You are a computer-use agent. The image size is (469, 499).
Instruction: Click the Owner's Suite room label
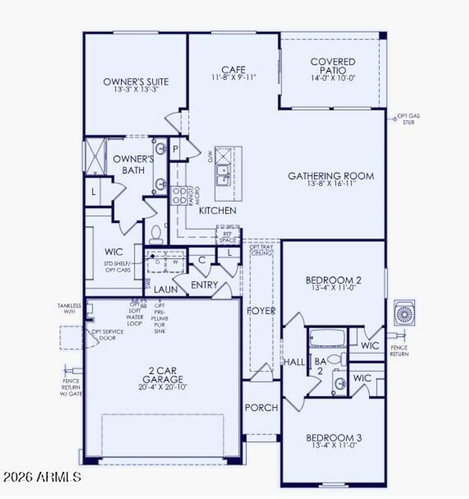click(x=136, y=82)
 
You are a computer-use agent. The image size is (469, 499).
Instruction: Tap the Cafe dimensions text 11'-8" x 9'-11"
click(x=234, y=77)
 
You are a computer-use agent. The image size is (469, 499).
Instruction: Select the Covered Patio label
click(x=333, y=66)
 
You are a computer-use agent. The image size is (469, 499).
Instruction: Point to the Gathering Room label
click(x=331, y=175)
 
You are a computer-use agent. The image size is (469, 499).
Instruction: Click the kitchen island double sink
click(x=224, y=175)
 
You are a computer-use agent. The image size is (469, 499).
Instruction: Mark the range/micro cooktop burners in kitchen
click(x=178, y=195)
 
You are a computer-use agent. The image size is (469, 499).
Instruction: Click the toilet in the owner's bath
click(x=156, y=235)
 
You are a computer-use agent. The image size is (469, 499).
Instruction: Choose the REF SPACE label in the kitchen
click(x=228, y=237)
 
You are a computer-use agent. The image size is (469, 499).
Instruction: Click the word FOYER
click(x=261, y=311)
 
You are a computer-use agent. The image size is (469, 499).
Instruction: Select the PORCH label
click(x=261, y=407)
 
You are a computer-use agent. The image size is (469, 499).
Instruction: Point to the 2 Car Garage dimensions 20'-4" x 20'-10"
click(x=163, y=387)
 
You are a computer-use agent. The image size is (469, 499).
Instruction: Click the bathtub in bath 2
click(x=327, y=339)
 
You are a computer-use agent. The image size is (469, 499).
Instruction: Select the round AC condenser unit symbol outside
click(x=404, y=313)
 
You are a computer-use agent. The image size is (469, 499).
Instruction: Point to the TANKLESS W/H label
click(x=69, y=308)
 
